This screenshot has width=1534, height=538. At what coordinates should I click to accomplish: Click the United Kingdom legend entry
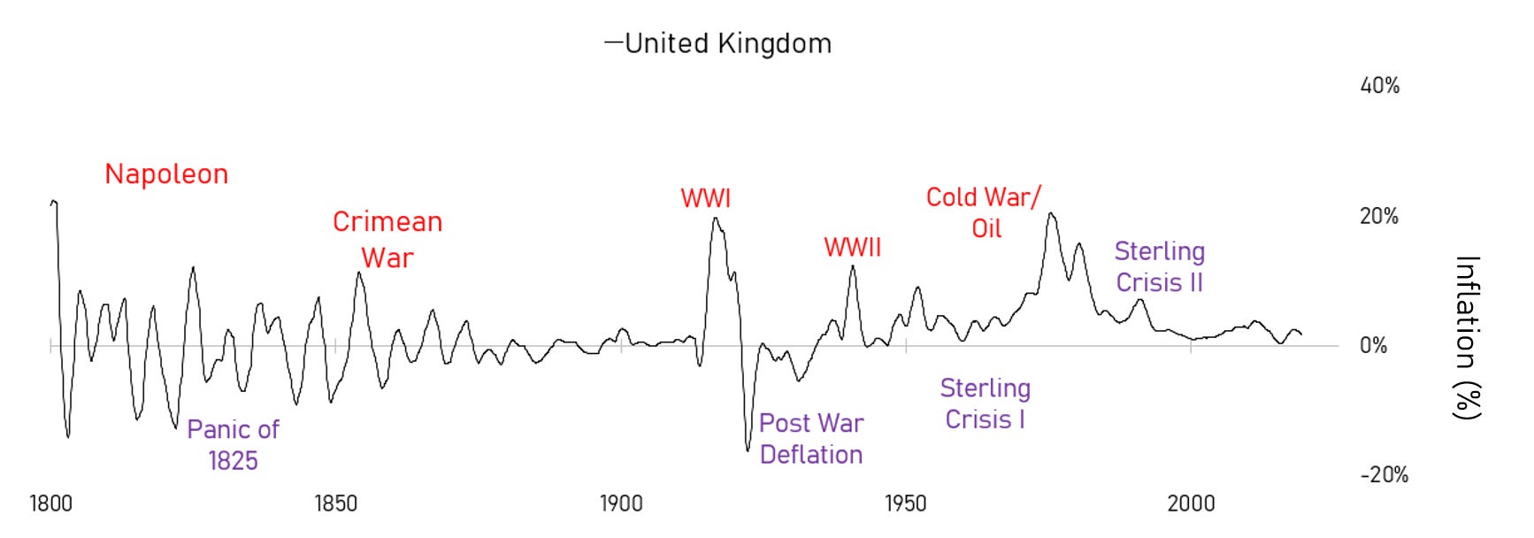click(718, 43)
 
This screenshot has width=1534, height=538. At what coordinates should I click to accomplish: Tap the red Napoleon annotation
click(166, 174)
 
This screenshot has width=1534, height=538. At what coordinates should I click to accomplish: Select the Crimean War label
click(387, 240)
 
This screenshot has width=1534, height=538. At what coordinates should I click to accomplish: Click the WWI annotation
click(705, 198)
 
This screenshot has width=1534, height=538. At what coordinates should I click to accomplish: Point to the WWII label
click(852, 248)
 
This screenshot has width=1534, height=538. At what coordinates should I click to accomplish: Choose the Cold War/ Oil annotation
click(984, 212)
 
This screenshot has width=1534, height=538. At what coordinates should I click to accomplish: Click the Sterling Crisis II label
click(1159, 266)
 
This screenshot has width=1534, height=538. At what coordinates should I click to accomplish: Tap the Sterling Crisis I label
click(985, 403)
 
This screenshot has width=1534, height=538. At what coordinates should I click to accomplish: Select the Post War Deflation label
click(811, 439)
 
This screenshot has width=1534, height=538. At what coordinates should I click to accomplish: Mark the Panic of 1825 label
click(233, 445)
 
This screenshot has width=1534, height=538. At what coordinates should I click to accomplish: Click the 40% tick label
click(1379, 86)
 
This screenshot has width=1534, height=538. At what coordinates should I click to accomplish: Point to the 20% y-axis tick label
click(1378, 216)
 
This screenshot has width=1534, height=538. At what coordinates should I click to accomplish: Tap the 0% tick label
click(1373, 346)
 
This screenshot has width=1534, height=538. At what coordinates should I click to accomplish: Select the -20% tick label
click(1384, 475)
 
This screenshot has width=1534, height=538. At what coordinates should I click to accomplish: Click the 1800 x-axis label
click(50, 504)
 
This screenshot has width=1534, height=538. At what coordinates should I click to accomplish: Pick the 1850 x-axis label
click(335, 504)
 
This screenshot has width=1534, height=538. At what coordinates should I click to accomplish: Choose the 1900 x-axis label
click(620, 504)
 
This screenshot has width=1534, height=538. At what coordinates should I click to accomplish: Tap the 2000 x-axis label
click(1190, 504)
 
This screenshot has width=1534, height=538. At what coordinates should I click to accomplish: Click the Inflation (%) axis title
click(1466, 337)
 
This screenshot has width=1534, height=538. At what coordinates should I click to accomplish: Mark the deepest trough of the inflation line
click(748, 450)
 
